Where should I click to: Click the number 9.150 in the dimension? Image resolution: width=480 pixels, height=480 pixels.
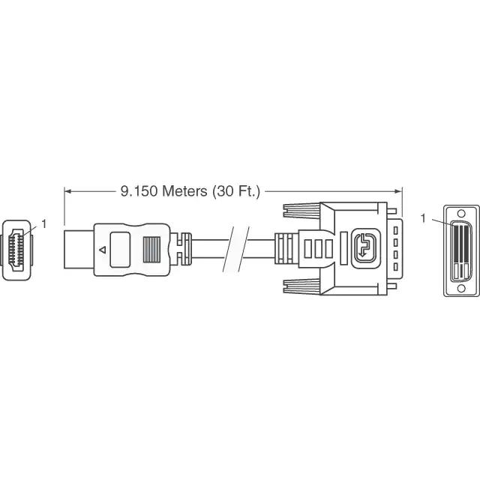[136, 191]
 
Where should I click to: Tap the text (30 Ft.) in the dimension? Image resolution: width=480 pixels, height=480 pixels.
[235, 191]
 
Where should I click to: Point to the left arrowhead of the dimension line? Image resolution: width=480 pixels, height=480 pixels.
[67, 191]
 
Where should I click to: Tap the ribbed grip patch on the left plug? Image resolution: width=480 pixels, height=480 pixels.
[151, 248]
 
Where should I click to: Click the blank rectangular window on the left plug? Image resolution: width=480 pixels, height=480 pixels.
[120, 248]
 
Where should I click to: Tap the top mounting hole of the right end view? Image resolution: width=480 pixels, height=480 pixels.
[460, 211]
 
